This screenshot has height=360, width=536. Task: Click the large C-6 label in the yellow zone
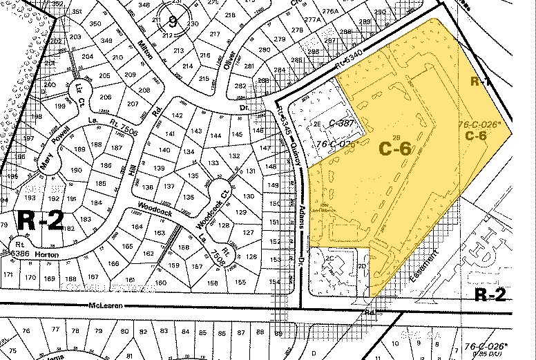(395, 146)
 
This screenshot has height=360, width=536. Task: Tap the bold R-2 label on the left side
(41, 220)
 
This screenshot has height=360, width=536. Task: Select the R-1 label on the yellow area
(480, 82)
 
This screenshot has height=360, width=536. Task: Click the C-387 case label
(342, 123)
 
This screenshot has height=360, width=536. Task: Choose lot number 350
(95, 23)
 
